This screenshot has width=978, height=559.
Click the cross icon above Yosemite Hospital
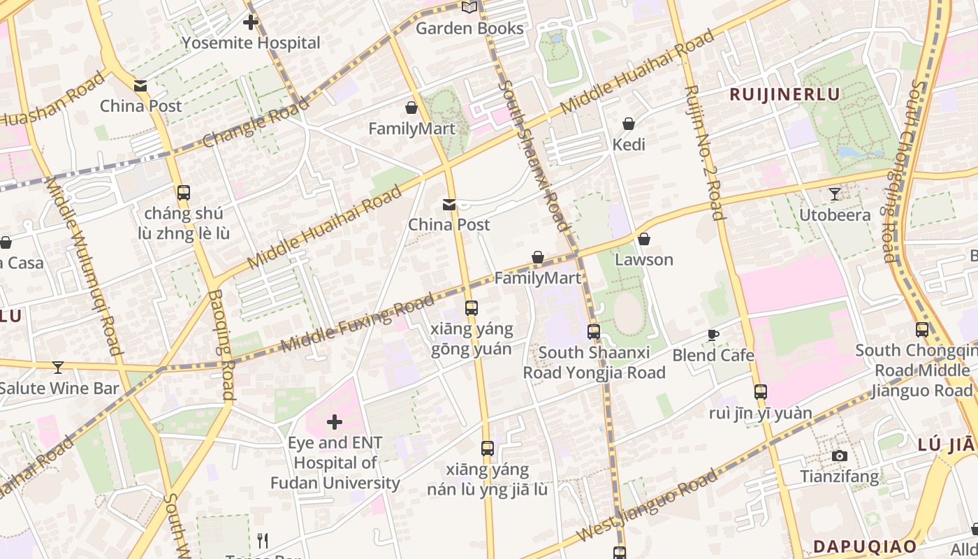pyautogui.click(x=251, y=22)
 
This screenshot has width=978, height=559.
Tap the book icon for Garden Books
pyautogui.click(x=469, y=8)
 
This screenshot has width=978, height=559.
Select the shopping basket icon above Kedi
pyautogui.click(x=629, y=124)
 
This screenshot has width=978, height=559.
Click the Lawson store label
pyautogui.click(x=644, y=259)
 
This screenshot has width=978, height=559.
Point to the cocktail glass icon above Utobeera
pyautogui.click(x=835, y=194)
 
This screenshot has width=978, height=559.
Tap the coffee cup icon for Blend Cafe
pyautogui.click(x=713, y=335)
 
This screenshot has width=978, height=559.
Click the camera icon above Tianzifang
pyautogui.click(x=840, y=456)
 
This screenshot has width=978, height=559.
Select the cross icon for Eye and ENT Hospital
pyautogui.click(x=335, y=422)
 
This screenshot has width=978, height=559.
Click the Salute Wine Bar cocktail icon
pyautogui.click(x=58, y=367)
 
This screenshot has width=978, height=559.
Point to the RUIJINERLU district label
pyautogui.click(x=784, y=94)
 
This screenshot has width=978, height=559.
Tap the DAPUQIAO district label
pyautogui.click(x=865, y=546)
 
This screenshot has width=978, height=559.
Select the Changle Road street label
pyautogui.click(x=256, y=123)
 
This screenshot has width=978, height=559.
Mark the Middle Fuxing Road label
pyautogui.click(x=357, y=324)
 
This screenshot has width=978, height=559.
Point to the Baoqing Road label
pyautogui.click(x=219, y=344)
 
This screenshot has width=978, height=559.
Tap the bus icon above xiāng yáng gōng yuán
pyautogui.click(x=472, y=307)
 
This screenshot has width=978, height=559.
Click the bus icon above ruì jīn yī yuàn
pyautogui.click(x=761, y=392)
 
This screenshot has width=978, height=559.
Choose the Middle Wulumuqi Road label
pyautogui.click(x=84, y=266)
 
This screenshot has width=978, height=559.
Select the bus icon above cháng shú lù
pyautogui.click(x=184, y=193)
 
